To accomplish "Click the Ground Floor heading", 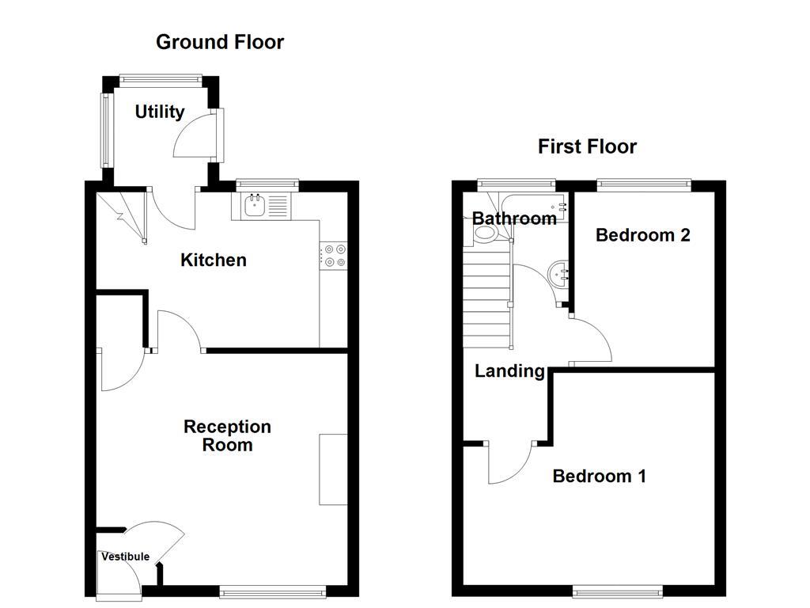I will [219, 42].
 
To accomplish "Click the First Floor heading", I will [587, 146].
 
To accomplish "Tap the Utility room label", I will [159, 112].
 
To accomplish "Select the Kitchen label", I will [214, 260].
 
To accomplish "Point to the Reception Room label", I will [227, 435].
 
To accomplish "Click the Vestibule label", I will [125, 557].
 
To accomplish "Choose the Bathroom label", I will [514, 218].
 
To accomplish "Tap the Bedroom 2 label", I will [642, 235].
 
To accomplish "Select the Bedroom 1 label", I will [599, 476].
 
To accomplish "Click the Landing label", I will [509, 370].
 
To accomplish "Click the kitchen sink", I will [255, 207].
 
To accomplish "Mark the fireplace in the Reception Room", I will [333, 469].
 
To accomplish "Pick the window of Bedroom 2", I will [643, 184].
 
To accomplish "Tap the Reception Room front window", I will [272, 590].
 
